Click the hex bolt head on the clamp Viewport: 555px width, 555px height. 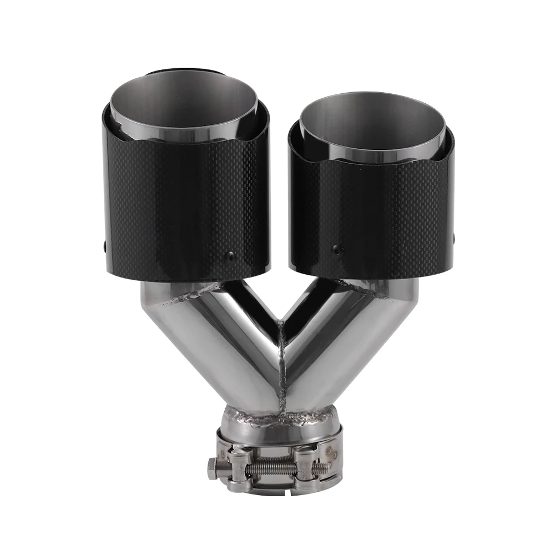click(x=213, y=469)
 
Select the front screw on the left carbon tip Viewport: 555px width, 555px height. click(x=229, y=256)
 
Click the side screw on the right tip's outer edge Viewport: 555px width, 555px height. click(x=452, y=239)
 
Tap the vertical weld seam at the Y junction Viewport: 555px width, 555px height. click(x=282, y=366)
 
